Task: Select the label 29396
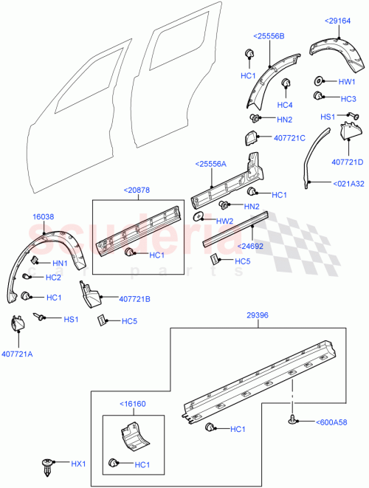[x=257, y=315]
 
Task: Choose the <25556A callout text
[x=212, y=164]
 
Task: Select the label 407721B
[x=134, y=299]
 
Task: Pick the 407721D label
[x=348, y=162]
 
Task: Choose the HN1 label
[x=59, y=264]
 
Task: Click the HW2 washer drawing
[x=199, y=219]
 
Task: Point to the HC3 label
[x=348, y=99]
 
